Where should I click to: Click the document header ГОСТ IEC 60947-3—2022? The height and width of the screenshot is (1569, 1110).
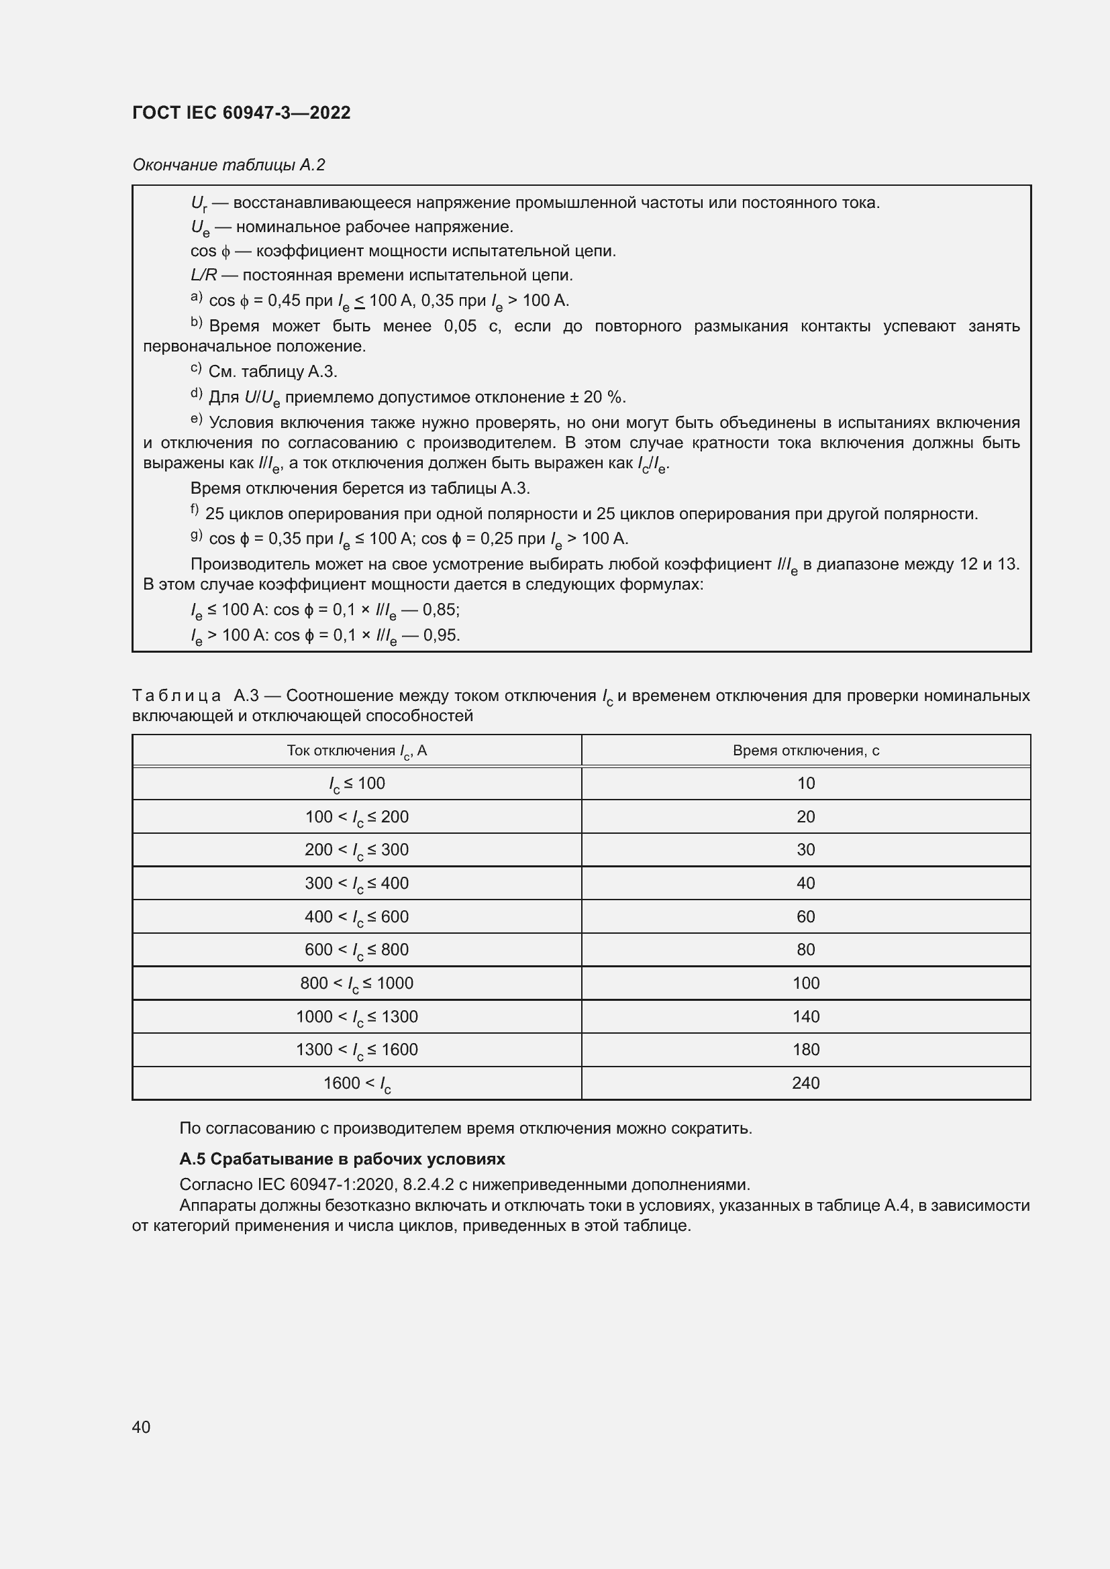click(x=242, y=113)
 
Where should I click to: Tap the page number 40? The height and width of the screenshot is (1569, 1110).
click(x=142, y=1427)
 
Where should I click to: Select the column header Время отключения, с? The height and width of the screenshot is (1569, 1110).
click(x=805, y=751)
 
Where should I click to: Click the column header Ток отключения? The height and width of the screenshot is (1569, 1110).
click(x=357, y=751)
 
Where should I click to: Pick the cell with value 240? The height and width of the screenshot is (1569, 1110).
click(x=805, y=1083)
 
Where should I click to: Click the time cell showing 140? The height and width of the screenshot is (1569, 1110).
click(x=805, y=1016)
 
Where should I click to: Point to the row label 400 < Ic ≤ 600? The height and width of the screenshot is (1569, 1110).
click(x=357, y=916)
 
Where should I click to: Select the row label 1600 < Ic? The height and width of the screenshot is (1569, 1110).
click(x=357, y=1083)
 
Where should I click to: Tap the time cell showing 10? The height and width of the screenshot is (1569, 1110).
click(x=805, y=783)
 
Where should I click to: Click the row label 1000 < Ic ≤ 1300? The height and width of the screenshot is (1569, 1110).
click(x=357, y=1016)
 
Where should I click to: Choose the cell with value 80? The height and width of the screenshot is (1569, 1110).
click(x=805, y=949)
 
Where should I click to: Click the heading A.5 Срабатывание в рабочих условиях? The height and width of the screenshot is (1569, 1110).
click(x=342, y=1159)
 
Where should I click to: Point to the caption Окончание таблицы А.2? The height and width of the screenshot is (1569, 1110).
click(x=228, y=165)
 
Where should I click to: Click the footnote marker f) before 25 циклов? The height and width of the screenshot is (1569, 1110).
click(x=195, y=510)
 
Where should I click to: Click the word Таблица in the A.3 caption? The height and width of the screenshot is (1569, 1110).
click(x=176, y=696)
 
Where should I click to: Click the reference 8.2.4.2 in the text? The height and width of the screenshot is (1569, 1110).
click(x=429, y=1184)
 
